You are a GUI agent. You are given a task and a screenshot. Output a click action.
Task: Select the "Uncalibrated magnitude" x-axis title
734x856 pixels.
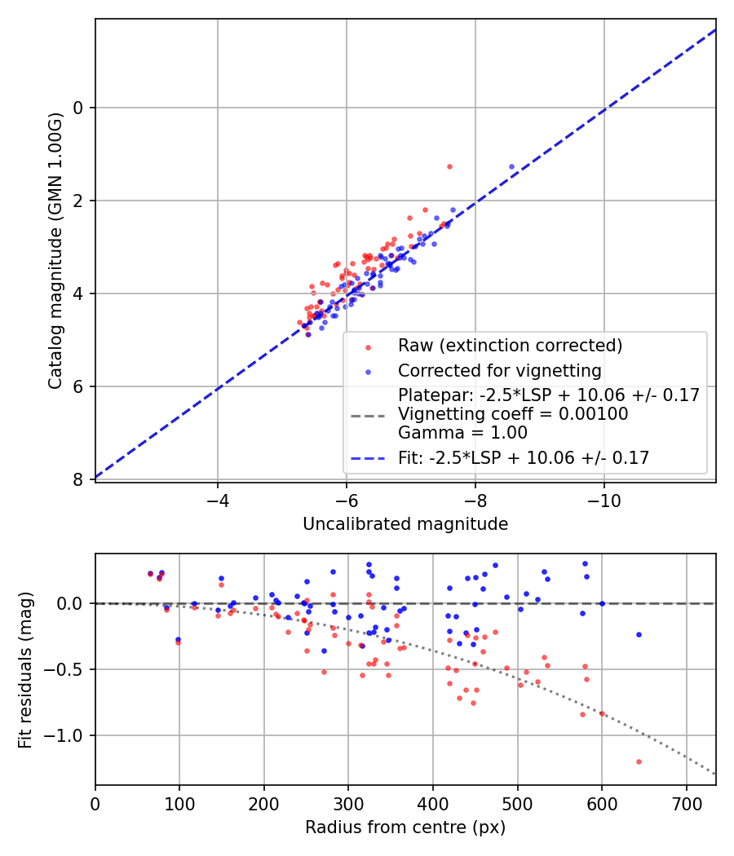pyautogui.click(x=405, y=524)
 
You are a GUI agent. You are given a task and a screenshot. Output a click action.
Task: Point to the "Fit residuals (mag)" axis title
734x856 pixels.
pyautogui.click(x=25, y=669)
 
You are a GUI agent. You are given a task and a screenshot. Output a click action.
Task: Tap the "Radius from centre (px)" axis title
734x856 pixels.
pyautogui.click(x=405, y=827)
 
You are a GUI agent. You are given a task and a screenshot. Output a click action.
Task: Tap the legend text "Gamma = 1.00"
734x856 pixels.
pyautogui.click(x=462, y=433)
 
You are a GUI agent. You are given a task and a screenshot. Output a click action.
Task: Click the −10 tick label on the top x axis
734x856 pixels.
pyautogui.click(x=604, y=499)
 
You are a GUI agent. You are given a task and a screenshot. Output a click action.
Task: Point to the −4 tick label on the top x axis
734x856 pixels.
pyautogui.click(x=217, y=499)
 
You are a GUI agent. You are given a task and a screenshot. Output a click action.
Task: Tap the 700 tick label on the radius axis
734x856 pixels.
pyautogui.click(x=686, y=802)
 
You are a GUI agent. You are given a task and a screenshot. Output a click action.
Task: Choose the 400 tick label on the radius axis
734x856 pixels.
pyautogui.click(x=433, y=802)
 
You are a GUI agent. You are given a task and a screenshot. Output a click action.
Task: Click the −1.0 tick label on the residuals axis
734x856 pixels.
pyautogui.click(x=69, y=736)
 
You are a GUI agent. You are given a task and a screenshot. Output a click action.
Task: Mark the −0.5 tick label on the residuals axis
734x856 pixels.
pyautogui.click(x=69, y=670)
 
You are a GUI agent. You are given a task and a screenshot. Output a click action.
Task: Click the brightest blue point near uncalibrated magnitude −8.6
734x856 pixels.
pyautogui.click(x=512, y=166)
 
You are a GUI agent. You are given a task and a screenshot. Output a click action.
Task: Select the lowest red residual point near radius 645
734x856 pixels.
pyautogui.click(x=639, y=761)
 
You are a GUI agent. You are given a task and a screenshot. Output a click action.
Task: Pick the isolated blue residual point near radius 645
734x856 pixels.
pyautogui.click(x=639, y=634)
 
